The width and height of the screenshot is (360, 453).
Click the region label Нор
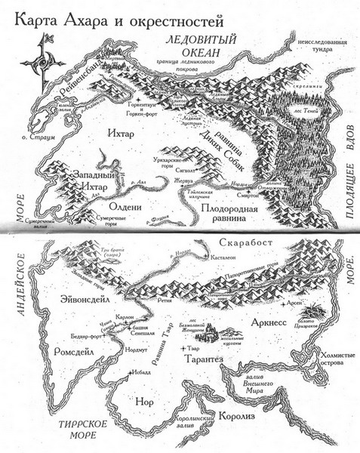[143, 402]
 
